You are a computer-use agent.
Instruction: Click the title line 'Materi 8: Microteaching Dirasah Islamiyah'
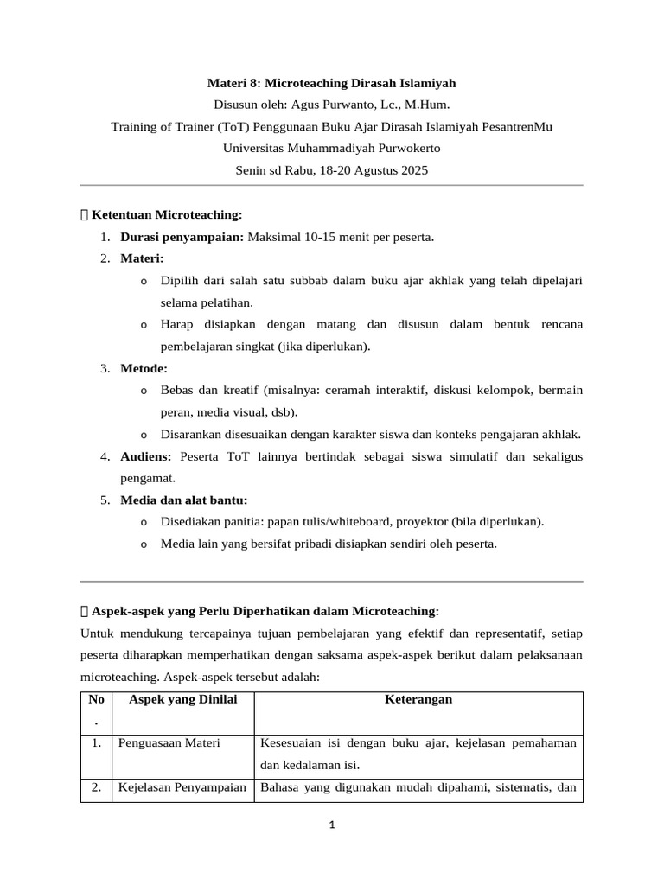pos(331,83)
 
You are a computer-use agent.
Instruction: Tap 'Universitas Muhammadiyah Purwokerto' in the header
pos(331,148)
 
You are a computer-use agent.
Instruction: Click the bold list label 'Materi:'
pos(142,258)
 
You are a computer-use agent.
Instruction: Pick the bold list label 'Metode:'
pos(144,368)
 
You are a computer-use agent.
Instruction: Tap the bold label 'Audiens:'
pos(146,455)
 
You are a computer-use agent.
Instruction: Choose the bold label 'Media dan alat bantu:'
pos(183,500)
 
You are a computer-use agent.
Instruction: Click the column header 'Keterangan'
pos(418,699)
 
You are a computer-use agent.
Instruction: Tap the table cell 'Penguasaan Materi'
pos(169,743)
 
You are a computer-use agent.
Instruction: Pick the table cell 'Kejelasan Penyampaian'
pos(182,787)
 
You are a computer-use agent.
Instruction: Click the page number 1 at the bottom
pos(332,825)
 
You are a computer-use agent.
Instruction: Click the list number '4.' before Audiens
pos(105,455)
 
